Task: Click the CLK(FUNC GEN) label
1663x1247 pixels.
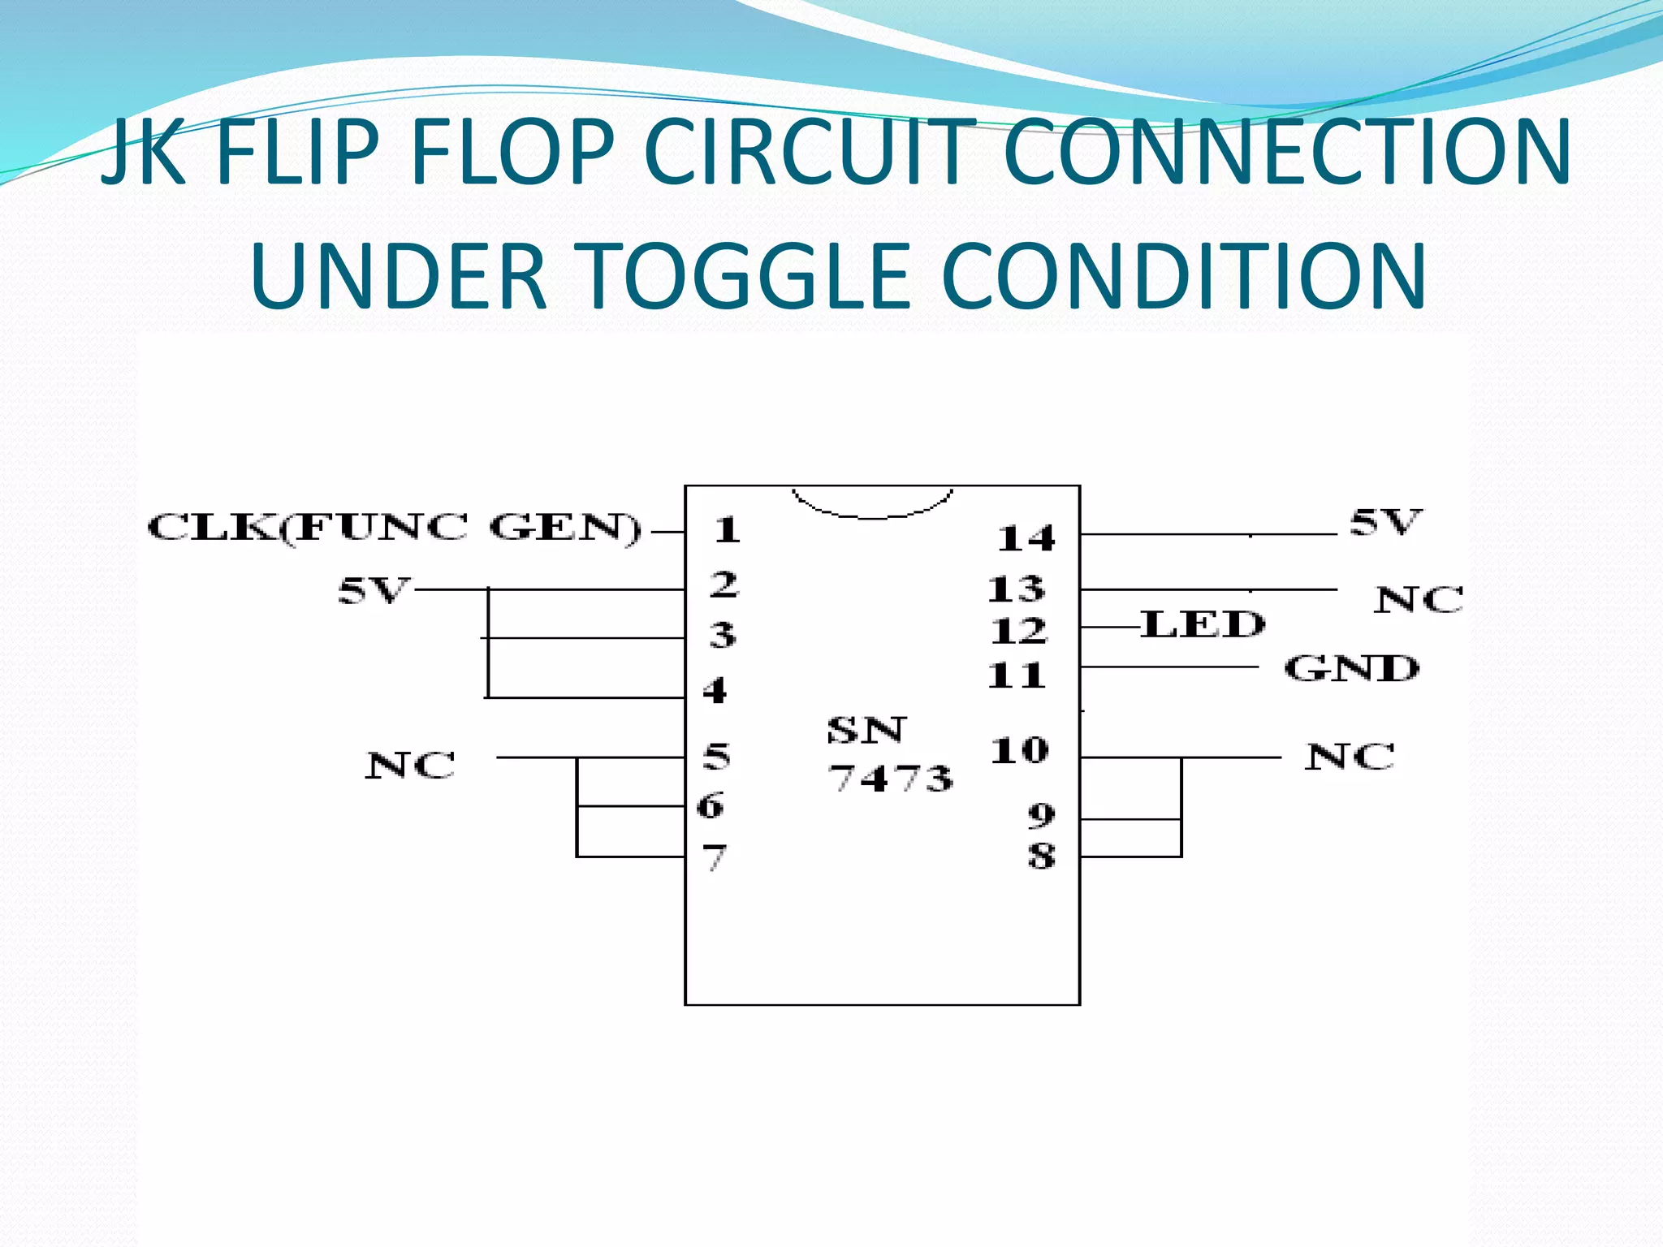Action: click(x=395, y=529)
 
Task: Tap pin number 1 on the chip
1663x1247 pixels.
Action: click(x=727, y=530)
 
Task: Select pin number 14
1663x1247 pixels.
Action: click(x=1026, y=538)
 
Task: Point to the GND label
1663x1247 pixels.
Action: click(x=1351, y=669)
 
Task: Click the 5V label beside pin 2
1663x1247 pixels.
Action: click(x=373, y=591)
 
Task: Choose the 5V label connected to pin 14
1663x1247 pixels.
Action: click(x=1385, y=522)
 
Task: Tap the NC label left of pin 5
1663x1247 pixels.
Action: click(x=410, y=766)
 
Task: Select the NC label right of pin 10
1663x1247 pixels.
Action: click(x=1350, y=757)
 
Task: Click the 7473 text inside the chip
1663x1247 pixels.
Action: click(x=890, y=779)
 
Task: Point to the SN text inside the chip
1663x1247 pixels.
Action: click(x=866, y=731)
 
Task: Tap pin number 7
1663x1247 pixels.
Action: click(x=714, y=857)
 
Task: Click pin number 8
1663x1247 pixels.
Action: click(x=1041, y=856)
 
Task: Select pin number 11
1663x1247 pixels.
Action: click(x=1016, y=675)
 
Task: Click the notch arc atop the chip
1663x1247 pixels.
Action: click(x=873, y=511)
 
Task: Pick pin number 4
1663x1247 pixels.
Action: click(x=715, y=691)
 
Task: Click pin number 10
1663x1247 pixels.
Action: click(x=1019, y=751)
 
